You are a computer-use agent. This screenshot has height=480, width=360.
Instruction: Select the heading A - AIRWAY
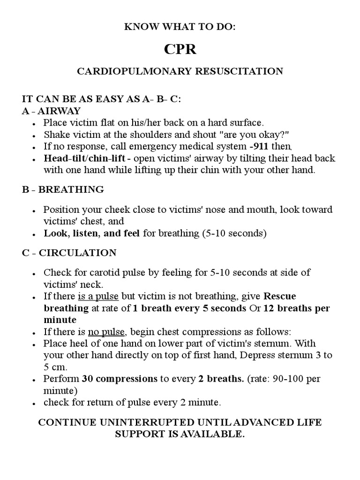click(x=52, y=111)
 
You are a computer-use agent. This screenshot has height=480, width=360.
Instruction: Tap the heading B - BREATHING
click(x=63, y=189)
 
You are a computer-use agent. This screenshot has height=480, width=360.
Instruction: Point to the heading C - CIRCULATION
click(x=69, y=253)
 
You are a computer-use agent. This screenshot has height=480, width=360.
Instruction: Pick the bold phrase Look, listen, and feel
click(x=92, y=233)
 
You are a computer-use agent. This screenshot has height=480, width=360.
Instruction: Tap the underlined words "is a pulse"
click(x=98, y=296)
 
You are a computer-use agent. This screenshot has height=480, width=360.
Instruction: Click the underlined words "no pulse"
click(x=106, y=332)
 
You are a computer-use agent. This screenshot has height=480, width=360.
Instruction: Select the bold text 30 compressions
click(x=120, y=378)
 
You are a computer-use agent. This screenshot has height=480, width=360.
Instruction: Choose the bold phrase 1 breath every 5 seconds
click(x=189, y=308)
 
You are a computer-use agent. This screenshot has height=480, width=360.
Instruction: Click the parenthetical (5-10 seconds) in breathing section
click(x=234, y=233)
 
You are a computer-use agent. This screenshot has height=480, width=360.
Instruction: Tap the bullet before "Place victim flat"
click(x=35, y=123)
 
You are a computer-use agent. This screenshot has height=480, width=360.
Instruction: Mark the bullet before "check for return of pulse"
click(x=35, y=403)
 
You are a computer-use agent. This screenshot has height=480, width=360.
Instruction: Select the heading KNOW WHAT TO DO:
click(x=180, y=27)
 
